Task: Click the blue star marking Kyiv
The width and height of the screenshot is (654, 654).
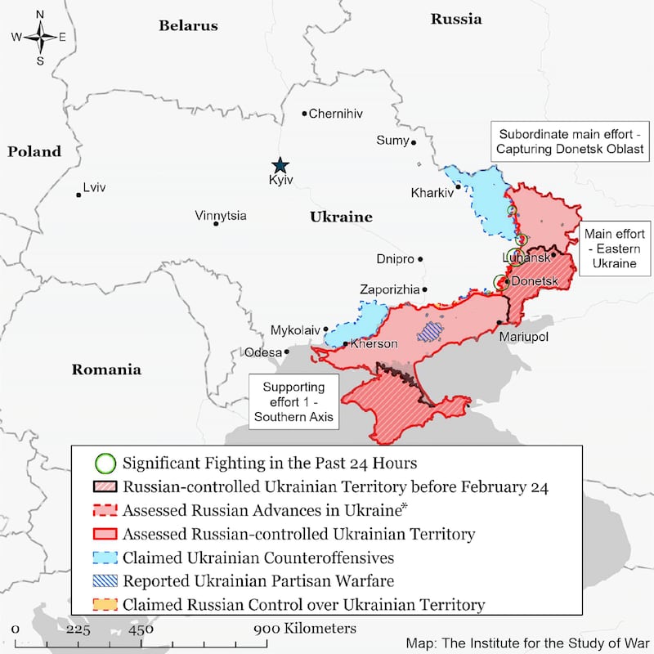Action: (280, 164)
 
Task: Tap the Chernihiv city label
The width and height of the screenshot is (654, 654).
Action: (335, 114)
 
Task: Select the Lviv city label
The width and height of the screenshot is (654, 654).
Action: (94, 187)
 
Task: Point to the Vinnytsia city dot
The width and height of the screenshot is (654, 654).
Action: (216, 223)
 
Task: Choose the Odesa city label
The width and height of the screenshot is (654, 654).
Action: (262, 352)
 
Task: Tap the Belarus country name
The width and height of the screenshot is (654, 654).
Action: (188, 25)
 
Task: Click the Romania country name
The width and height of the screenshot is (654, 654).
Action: (106, 370)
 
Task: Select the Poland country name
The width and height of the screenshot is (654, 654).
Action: (34, 151)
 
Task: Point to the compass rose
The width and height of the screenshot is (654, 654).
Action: (39, 36)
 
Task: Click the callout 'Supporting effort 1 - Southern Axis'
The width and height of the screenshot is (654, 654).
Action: (293, 401)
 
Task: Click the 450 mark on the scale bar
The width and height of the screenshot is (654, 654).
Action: (140, 629)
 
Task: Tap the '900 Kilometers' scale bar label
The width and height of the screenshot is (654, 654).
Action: (303, 629)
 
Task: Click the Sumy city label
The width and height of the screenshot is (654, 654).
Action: (392, 141)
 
